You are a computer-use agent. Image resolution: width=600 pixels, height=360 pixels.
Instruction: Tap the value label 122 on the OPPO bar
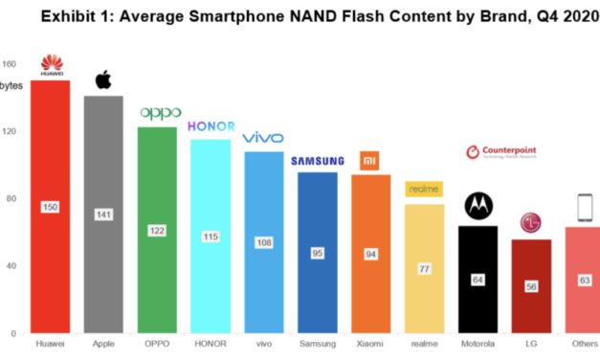click(156, 231)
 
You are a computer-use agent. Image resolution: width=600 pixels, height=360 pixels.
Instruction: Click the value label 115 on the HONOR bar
click(211, 236)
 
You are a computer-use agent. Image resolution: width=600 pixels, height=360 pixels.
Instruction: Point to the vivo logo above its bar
click(263, 138)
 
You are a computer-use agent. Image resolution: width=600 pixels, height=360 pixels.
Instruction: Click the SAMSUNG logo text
click(317, 160)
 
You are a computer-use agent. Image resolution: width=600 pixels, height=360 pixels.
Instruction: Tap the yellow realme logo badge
click(423, 190)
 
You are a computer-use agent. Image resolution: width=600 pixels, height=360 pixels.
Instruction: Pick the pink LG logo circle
click(531, 223)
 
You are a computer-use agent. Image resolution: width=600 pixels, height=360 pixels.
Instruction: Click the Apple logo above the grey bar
click(102, 80)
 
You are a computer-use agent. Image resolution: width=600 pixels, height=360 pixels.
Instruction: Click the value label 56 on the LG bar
click(530, 285)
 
